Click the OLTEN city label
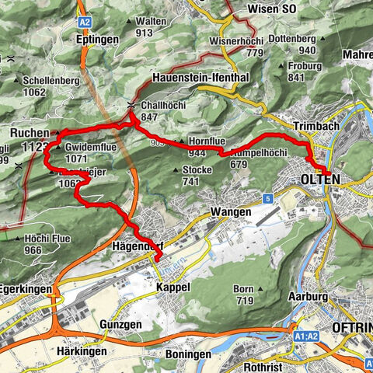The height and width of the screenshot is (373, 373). pyautogui.click(x=313, y=180)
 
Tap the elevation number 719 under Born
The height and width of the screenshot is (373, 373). pyautogui.click(x=243, y=300)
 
